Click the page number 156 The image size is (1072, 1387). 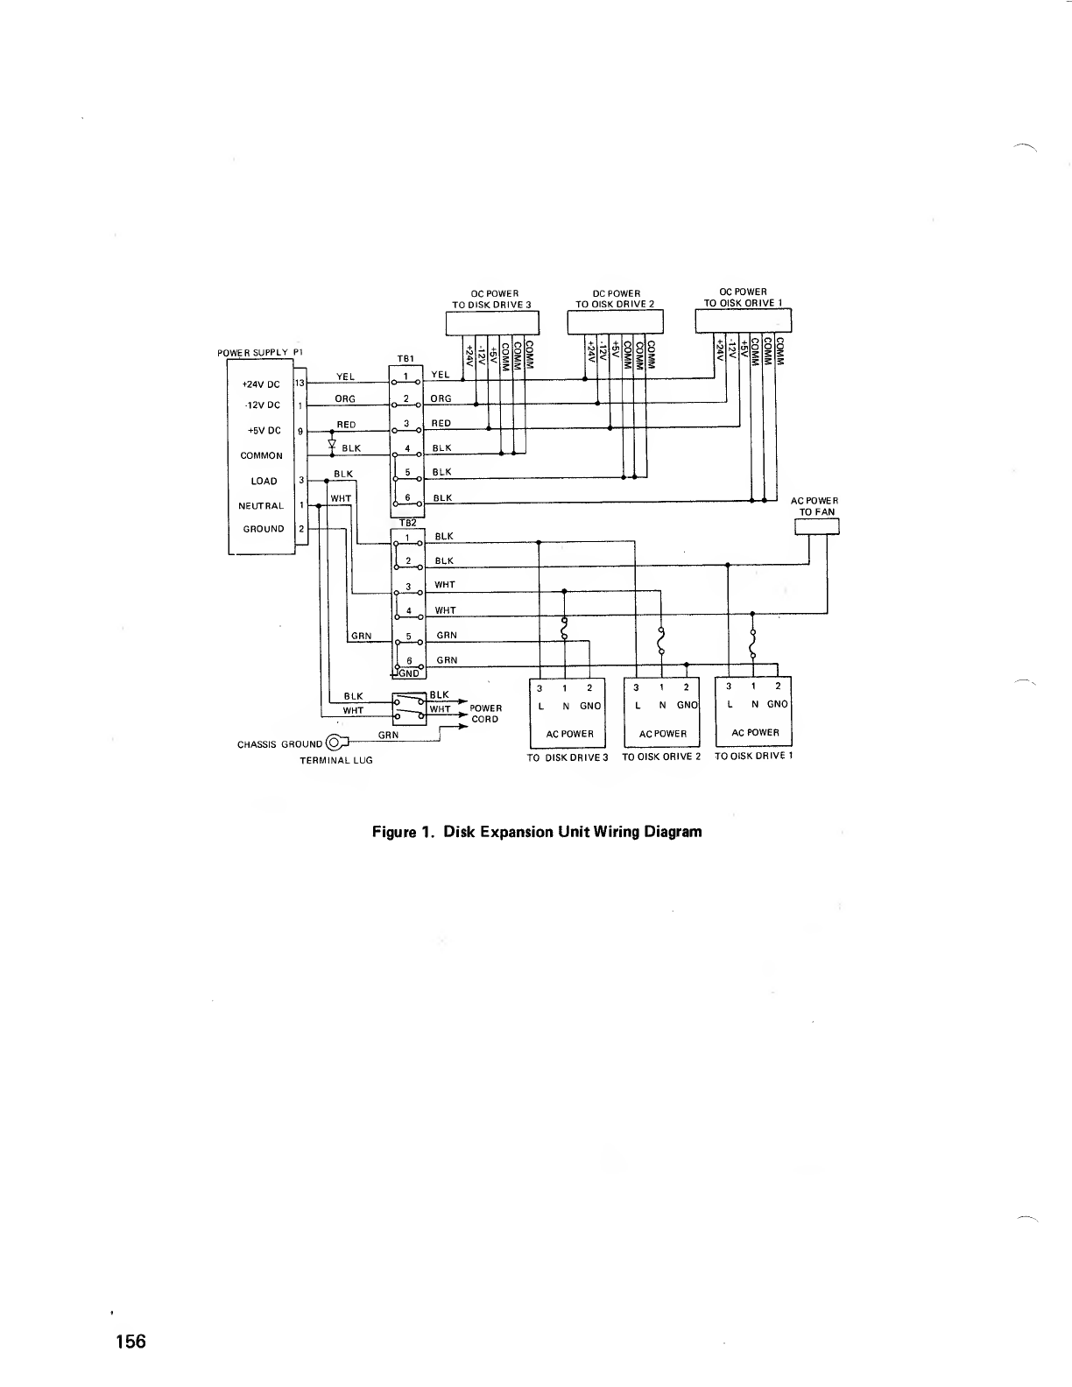point(129,1341)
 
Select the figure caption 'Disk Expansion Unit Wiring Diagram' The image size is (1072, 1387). point(537,831)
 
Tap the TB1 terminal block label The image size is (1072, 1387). point(406,358)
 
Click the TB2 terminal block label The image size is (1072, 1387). point(407,523)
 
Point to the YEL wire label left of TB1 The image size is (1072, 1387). point(346,377)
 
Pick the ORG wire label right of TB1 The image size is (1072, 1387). point(441,399)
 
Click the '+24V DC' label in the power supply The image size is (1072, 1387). point(261,384)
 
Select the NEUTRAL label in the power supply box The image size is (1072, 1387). point(261,506)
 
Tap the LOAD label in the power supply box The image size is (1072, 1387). point(264,481)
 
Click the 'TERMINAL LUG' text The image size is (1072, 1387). point(336,760)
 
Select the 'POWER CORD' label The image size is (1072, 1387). point(485,714)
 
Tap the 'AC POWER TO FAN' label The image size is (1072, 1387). point(815,506)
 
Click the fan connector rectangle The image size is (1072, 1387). point(816,526)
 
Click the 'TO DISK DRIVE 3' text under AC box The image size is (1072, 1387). point(567,757)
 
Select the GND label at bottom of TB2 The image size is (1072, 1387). point(408,673)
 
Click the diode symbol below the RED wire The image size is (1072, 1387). point(332,443)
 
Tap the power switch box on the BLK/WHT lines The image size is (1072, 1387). point(409,707)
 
